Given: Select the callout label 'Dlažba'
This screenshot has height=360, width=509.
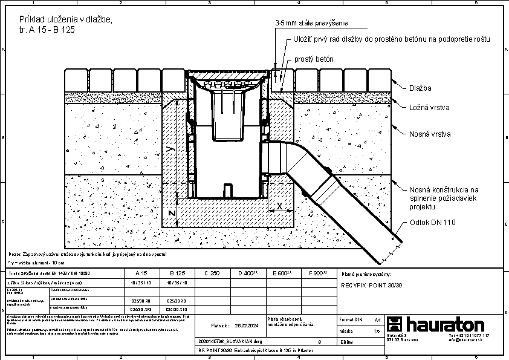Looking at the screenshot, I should point(420,88).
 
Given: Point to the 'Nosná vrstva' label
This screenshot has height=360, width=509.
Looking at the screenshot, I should point(430,134).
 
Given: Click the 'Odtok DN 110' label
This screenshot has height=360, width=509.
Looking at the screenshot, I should point(432,222).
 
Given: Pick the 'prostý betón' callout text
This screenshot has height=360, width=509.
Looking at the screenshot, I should point(314,59).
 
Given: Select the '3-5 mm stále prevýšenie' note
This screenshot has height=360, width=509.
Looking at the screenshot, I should point(311,24).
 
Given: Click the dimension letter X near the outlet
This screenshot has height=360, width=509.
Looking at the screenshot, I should point(279,206).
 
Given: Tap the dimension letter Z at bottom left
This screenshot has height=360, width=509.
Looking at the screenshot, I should point(172,214).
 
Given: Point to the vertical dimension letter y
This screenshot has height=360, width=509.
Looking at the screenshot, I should point(171,148).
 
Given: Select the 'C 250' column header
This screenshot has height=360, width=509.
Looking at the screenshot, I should point(211,273).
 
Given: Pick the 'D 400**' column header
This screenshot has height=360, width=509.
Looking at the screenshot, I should point(248,273).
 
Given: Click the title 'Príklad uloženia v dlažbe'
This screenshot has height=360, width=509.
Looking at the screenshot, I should point(65,19).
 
